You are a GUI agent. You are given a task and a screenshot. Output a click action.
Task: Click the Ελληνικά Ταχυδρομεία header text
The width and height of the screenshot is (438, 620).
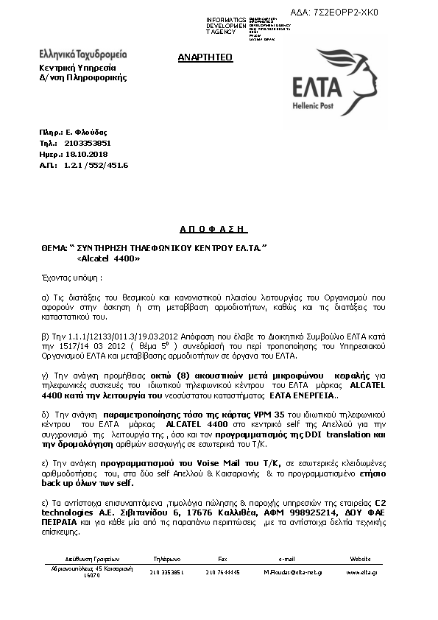[82, 54]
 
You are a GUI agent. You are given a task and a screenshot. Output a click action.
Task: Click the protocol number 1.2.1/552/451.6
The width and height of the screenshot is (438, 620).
[96, 166]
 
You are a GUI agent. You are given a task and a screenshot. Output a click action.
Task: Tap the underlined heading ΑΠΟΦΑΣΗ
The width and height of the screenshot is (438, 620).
[214, 229]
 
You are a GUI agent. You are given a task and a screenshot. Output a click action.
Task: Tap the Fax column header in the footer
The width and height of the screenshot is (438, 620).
[223, 559]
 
